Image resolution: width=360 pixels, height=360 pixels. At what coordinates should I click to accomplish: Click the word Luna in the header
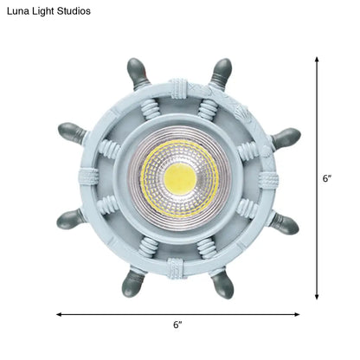tap(20, 11)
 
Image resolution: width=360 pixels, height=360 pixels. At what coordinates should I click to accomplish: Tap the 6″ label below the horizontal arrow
tap(177, 325)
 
